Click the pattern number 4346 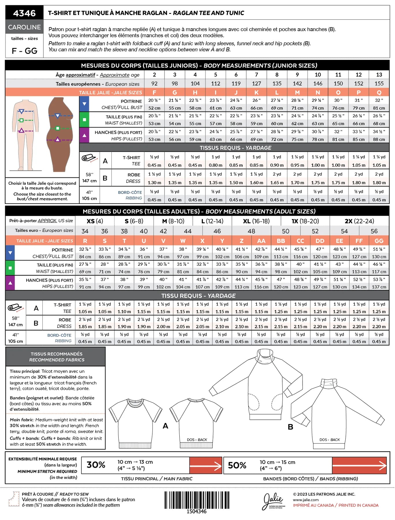point(25,13)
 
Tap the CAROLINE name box point(25,27)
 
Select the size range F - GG point(25,51)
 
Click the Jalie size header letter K point(256,92)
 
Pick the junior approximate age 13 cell point(379,75)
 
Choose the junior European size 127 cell point(256,83)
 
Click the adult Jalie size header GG point(379,241)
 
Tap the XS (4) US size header point(95,221)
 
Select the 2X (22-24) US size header point(359,221)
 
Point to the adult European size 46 point(217,231)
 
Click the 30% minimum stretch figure point(96,465)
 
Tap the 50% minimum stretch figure point(237,465)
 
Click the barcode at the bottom point(197,500)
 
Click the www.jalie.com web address point(306,500)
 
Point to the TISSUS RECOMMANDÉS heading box point(57,357)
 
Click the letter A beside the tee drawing point(165,426)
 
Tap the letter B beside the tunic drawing point(290,427)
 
